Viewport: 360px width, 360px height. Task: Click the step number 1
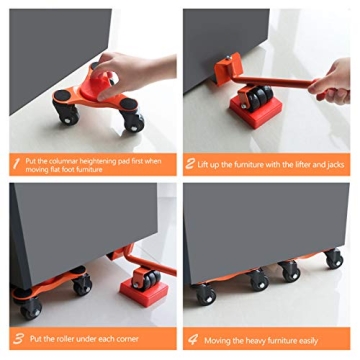tap(17, 160)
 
